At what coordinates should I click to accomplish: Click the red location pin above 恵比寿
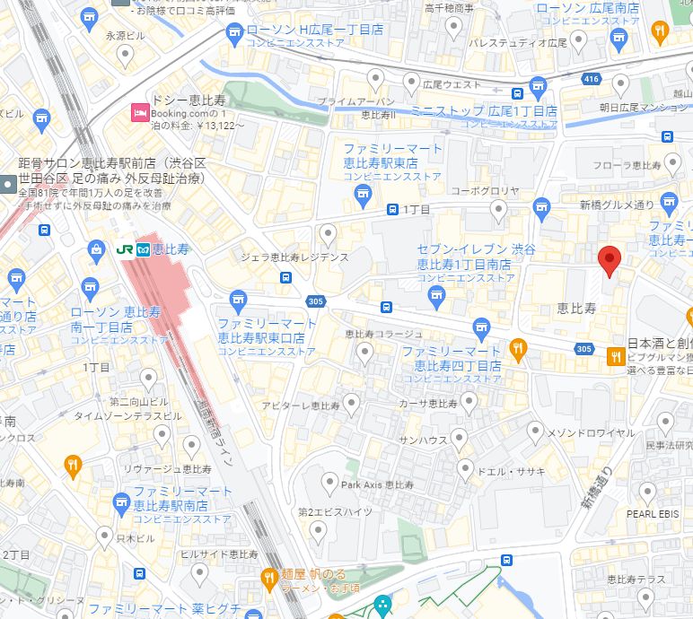[610, 259]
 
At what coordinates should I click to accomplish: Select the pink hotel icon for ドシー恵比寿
[139, 112]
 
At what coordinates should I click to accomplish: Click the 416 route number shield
[591, 80]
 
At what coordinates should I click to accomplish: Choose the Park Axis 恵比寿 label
[377, 484]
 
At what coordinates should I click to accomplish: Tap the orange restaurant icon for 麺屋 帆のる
[268, 578]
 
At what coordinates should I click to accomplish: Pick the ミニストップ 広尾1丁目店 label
[483, 111]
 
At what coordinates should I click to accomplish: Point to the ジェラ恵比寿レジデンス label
[294, 257]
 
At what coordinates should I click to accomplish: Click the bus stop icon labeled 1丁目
[393, 209]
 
